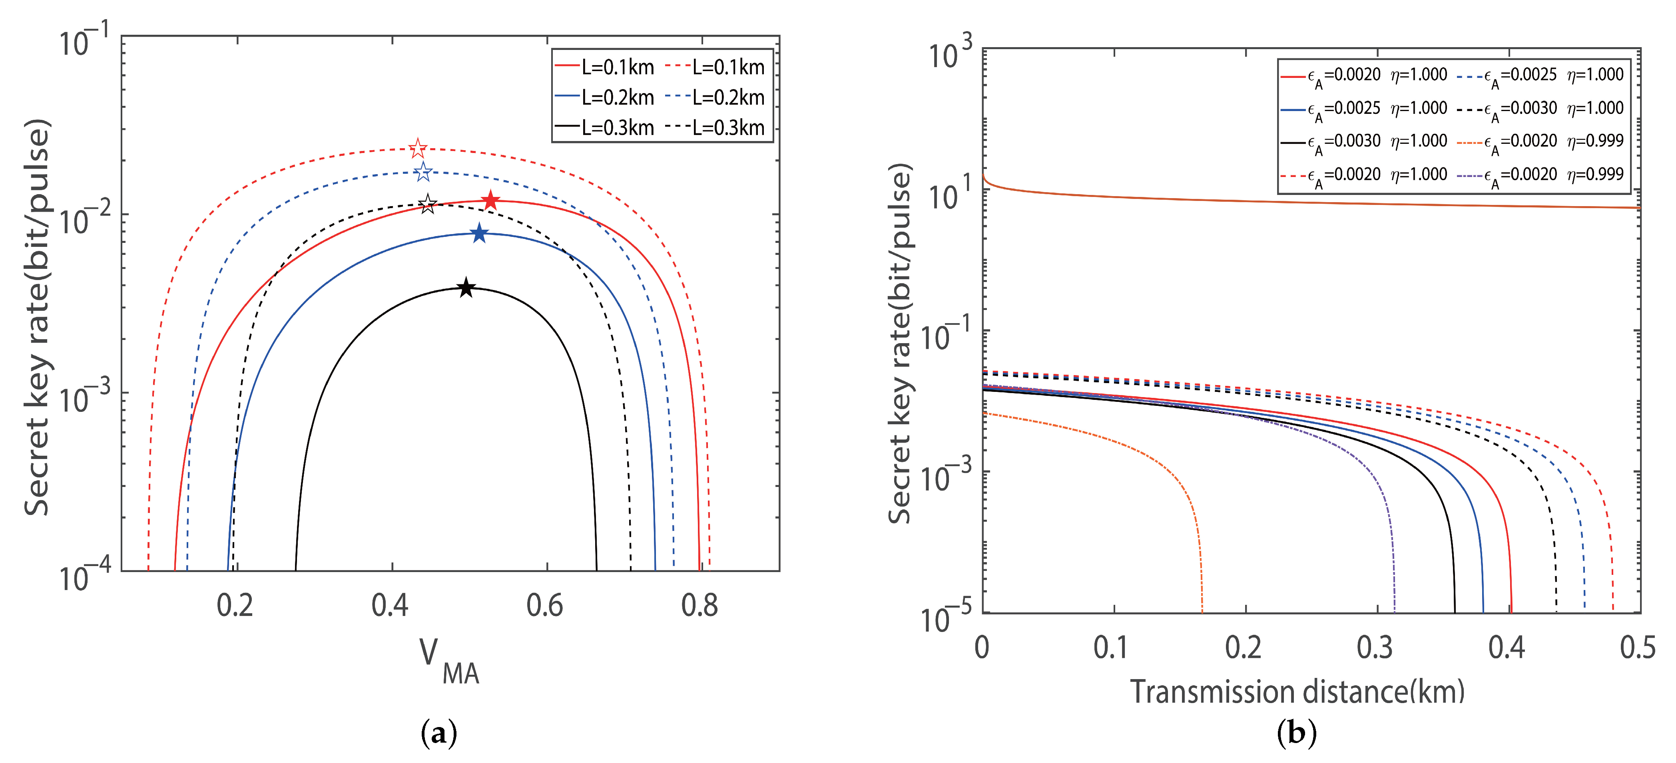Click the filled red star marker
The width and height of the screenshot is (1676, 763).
click(x=490, y=201)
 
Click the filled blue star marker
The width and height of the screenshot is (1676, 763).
click(x=479, y=233)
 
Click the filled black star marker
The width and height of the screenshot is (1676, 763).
click(x=466, y=288)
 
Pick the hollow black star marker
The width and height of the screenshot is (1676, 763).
click(x=427, y=204)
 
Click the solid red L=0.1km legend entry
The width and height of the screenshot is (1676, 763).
click(x=604, y=67)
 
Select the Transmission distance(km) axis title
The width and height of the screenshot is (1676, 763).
click(x=1297, y=691)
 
